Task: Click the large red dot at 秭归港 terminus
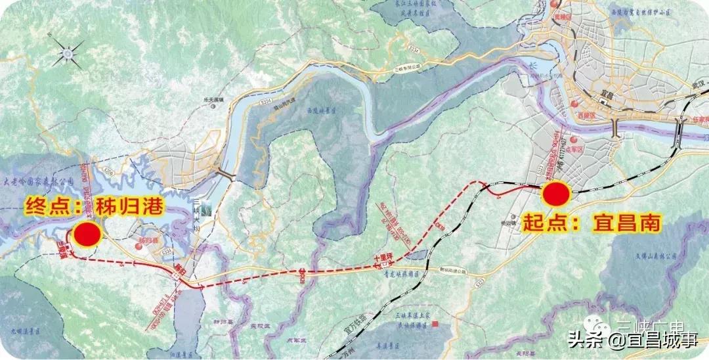coord(87,234)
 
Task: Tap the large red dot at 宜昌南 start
coord(556,194)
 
